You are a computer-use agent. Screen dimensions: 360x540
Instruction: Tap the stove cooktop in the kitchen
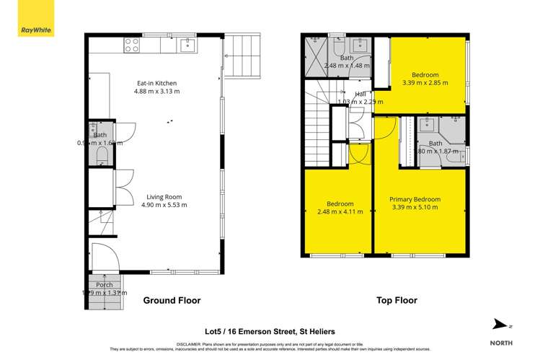pos(132,45)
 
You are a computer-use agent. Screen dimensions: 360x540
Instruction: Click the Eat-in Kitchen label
pos(156,83)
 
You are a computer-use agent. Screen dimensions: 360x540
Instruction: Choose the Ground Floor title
pos(171,300)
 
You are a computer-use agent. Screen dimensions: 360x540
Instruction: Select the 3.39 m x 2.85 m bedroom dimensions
pos(425,83)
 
